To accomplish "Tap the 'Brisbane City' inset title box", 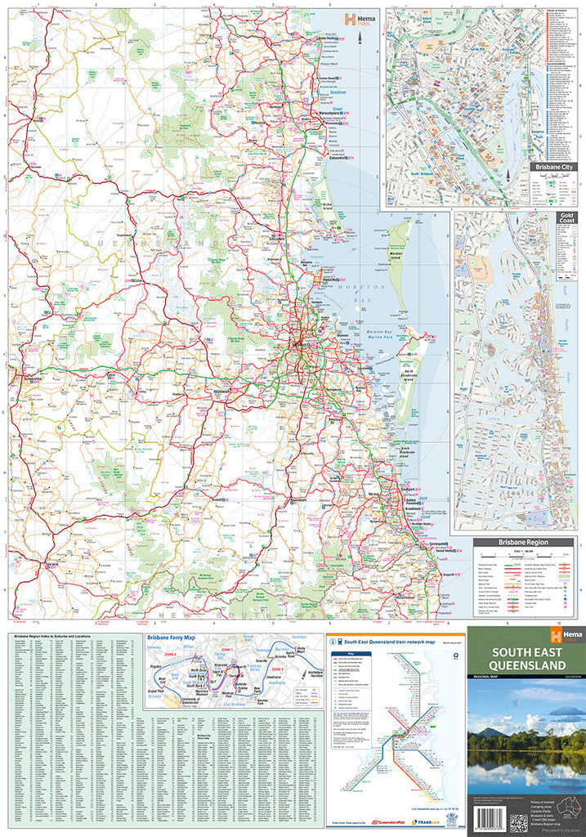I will tap(553, 167).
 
